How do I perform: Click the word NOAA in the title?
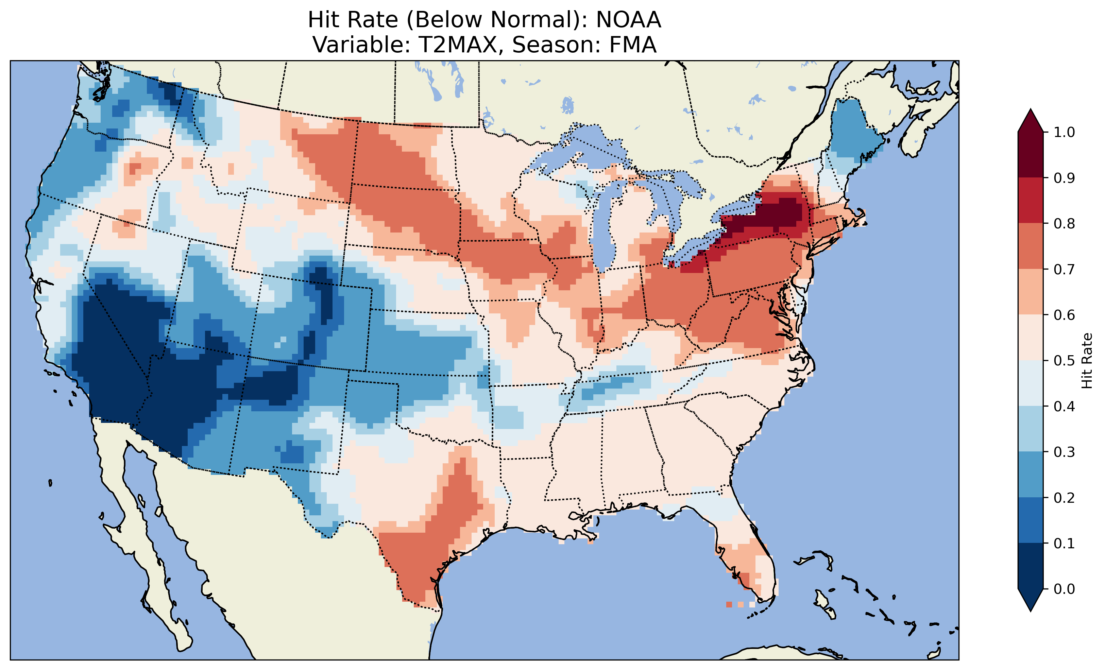(628, 20)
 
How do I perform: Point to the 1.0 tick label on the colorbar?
(1064, 132)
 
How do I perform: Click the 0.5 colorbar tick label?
(1064, 361)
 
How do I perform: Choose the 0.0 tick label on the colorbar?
(1064, 589)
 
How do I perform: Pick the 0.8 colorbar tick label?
(1064, 223)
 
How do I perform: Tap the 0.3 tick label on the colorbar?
(1064, 452)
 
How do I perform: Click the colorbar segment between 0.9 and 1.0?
(1031, 155)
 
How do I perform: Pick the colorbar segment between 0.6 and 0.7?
(1031, 292)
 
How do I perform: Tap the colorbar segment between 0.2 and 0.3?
(1031, 475)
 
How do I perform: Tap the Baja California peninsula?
(135, 516)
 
